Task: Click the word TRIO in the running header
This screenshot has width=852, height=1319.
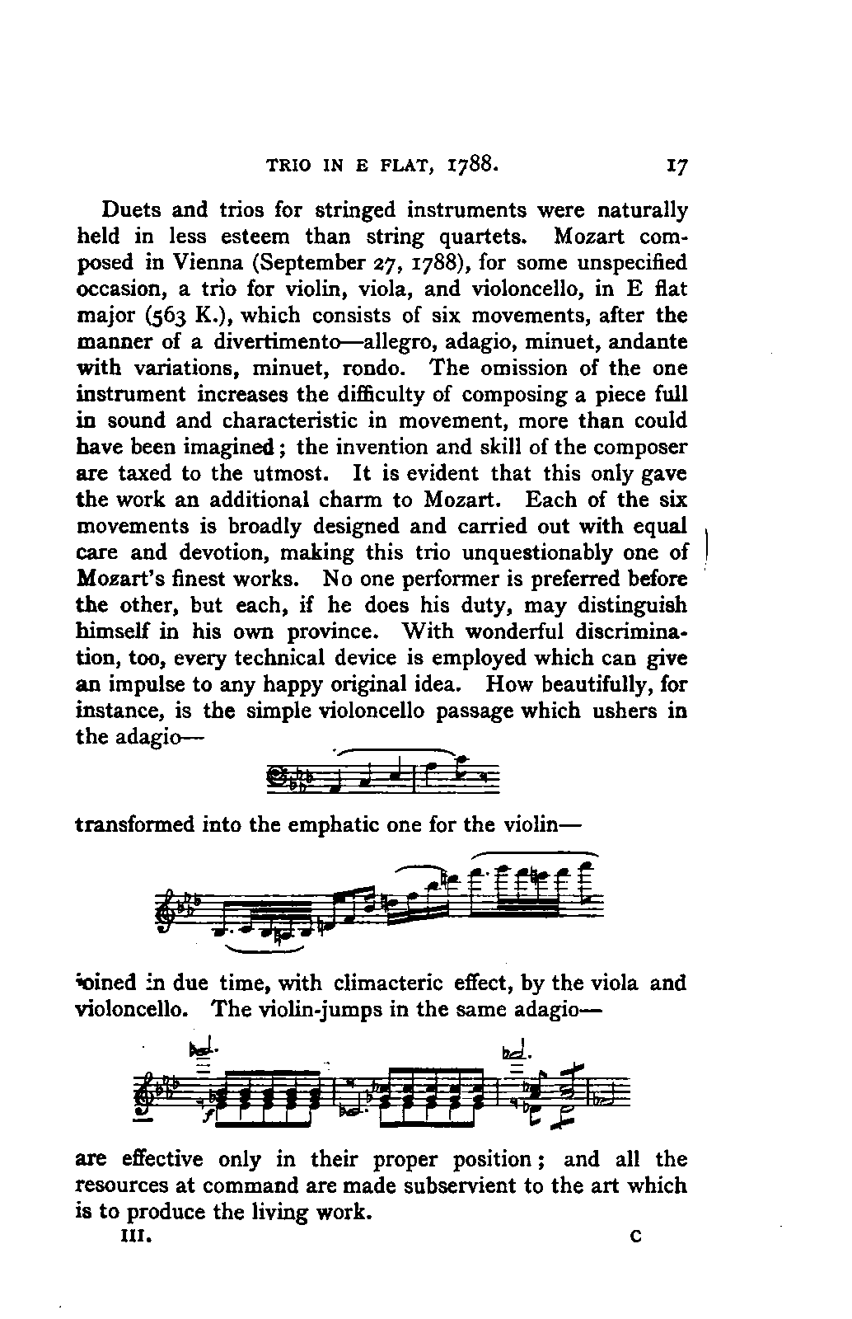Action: [289, 165]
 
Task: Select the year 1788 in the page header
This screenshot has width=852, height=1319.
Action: [471, 164]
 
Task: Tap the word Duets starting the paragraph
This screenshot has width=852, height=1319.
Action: [128, 210]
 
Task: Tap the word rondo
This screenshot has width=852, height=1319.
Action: [374, 368]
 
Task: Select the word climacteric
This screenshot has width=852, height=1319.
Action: [391, 983]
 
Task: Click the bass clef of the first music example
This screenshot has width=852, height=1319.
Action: [273, 776]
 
